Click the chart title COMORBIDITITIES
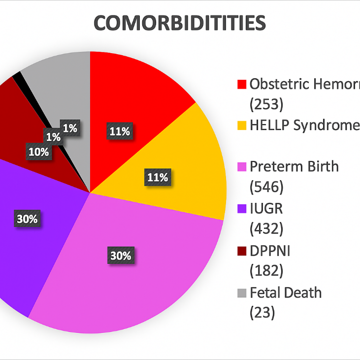[x=180, y=24]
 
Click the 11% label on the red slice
[x=120, y=131]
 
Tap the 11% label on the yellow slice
[x=158, y=177]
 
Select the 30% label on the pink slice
[x=121, y=256]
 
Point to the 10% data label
[x=38, y=152]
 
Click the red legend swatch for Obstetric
[x=241, y=84]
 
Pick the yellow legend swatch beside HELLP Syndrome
[x=241, y=126]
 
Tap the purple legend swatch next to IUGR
[x=241, y=209]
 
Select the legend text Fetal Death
[x=285, y=293]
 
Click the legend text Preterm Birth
[x=294, y=166]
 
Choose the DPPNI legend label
[x=270, y=251]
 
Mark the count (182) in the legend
[x=266, y=271]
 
